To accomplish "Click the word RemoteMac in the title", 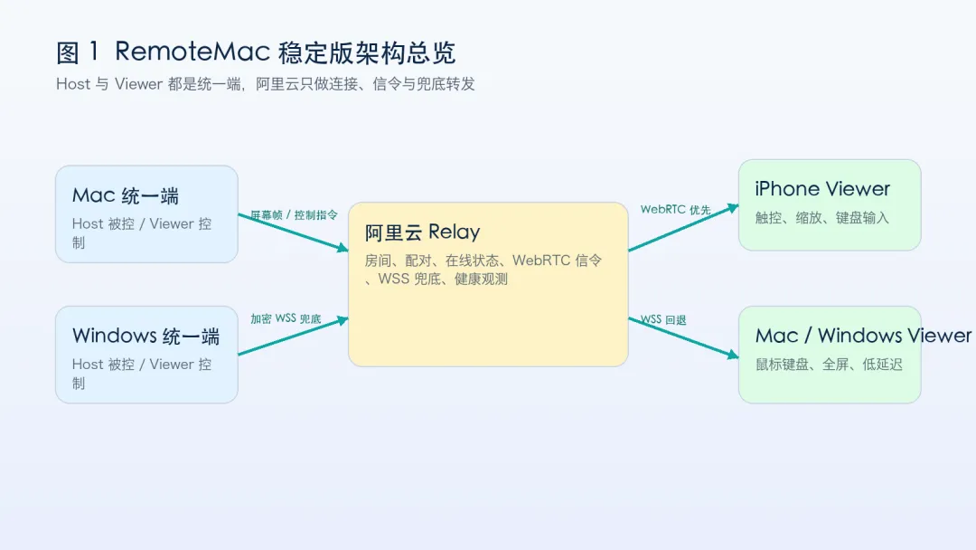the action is pos(192,52).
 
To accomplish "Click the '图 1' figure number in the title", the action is pos(77,52).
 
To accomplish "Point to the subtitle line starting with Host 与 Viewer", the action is pos(265,84).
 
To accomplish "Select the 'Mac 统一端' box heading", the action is pos(125,195).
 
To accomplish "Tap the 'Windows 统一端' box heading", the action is pos(145,337).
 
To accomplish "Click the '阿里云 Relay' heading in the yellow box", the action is pos(422,232).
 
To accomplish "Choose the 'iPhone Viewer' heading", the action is pos(822,189).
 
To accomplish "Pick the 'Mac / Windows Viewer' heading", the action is pos(863,336).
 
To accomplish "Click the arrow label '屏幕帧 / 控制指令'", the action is pos(294,215).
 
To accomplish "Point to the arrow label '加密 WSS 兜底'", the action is pos(286,319).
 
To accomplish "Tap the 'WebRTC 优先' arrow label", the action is pos(675,210).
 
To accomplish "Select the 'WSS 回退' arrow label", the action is pos(663,319).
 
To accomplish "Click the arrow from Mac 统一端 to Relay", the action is pos(293,232).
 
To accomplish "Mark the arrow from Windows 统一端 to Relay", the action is pos(293,337).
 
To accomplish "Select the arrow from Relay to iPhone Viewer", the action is pos(683,228).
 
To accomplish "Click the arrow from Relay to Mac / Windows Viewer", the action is pos(683,337).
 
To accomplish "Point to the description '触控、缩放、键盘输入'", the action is pos(821,218).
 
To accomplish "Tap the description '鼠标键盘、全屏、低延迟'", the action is pos(829,365).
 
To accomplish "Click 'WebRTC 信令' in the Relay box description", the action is pos(557,261).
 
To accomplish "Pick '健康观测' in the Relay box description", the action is pos(481,279).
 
